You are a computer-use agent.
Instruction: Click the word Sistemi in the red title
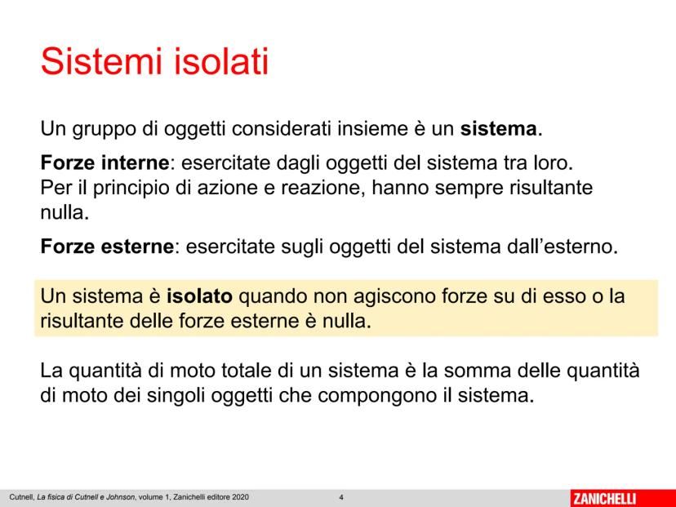tap(102, 61)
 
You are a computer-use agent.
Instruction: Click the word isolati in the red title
tap(221, 61)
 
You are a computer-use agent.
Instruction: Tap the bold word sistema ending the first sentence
tap(498, 129)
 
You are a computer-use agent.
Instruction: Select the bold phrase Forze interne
tap(105, 162)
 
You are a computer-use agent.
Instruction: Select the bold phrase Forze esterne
tap(107, 247)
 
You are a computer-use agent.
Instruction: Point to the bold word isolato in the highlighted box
tap(199, 296)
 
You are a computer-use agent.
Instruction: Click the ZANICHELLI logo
tap(604, 498)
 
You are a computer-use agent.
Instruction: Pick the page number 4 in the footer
tap(341, 497)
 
